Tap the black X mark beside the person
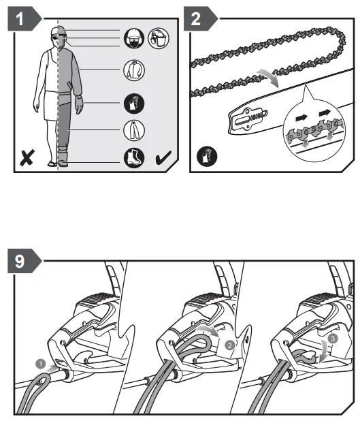[x=27, y=157]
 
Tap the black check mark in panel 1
[x=163, y=157]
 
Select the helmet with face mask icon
[x=134, y=38]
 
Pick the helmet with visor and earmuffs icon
[x=159, y=38]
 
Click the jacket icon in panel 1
[x=134, y=70]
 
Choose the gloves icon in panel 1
[x=134, y=104]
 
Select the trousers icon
[x=134, y=130]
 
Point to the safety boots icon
[x=134, y=157]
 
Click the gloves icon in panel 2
[x=207, y=156]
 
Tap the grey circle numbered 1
[x=41, y=364]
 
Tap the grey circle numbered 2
[x=229, y=345]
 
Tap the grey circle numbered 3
[x=333, y=339]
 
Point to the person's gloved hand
[x=79, y=105]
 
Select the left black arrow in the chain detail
[x=301, y=118]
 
